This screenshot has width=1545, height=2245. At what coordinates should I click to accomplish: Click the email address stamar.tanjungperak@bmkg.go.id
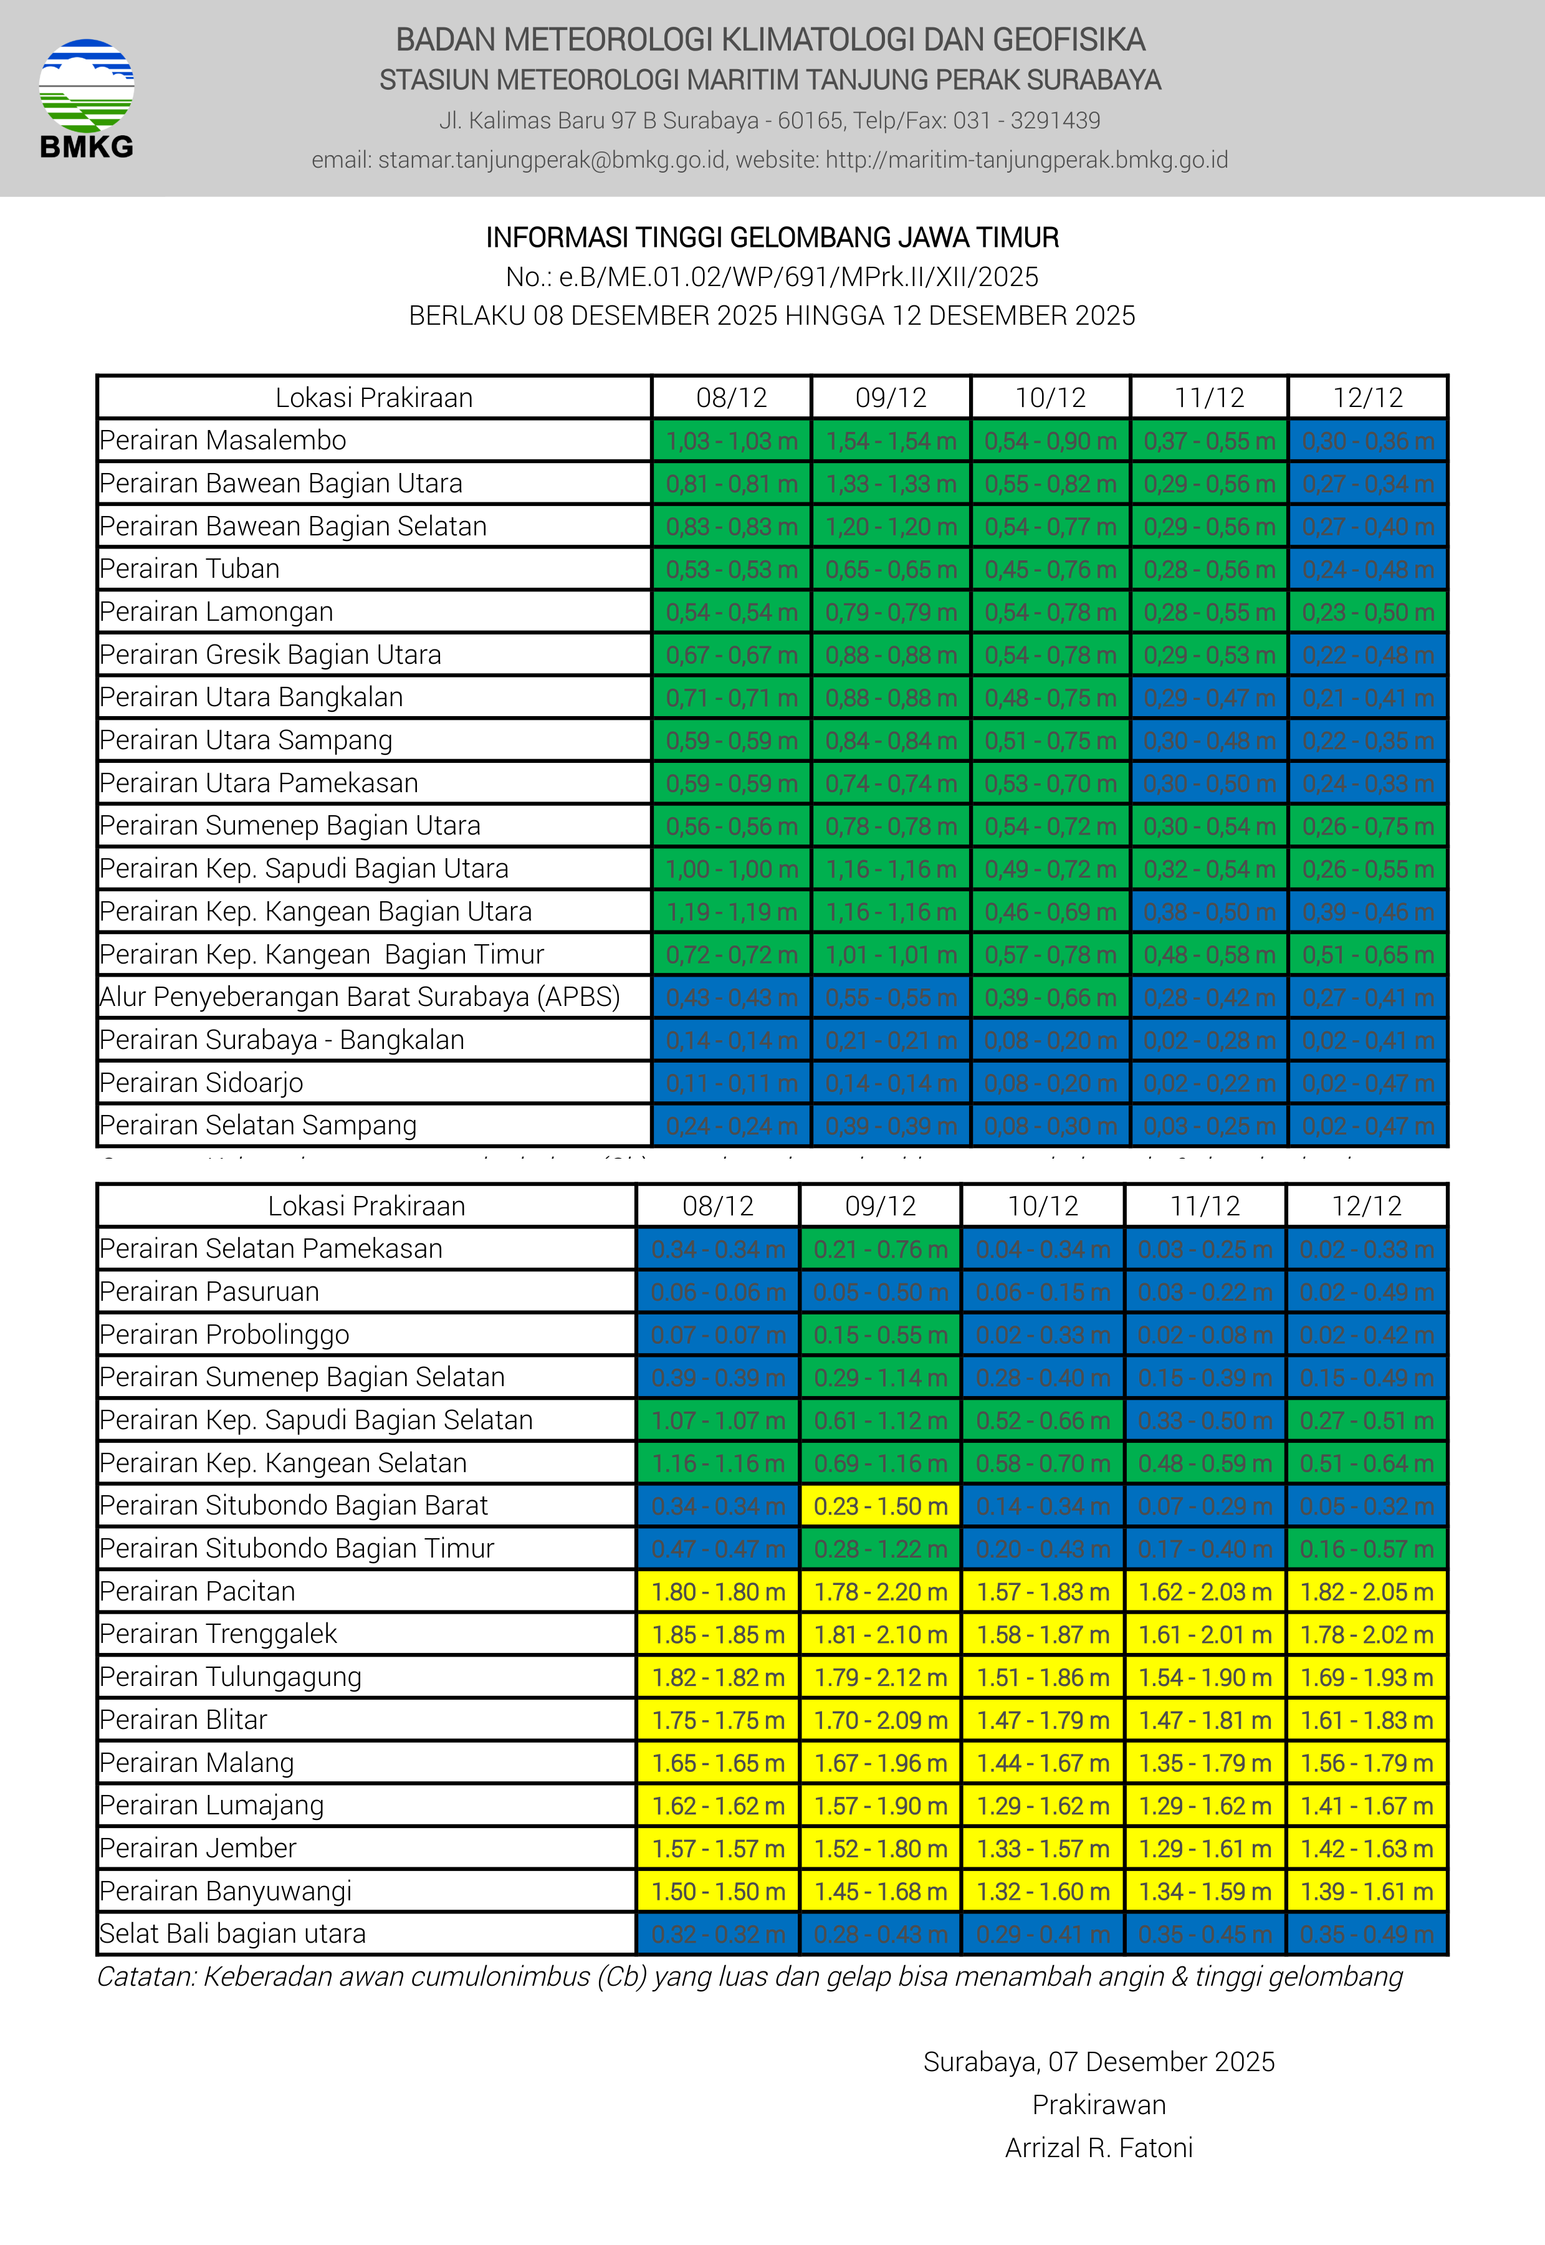(x=552, y=160)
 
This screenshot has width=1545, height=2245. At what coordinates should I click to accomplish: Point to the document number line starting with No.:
(x=772, y=277)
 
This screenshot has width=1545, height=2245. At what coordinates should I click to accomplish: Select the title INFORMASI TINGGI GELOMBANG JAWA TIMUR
(x=772, y=237)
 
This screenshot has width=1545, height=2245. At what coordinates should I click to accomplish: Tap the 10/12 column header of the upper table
(x=1050, y=398)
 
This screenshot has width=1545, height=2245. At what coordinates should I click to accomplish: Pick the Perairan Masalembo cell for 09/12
(x=891, y=441)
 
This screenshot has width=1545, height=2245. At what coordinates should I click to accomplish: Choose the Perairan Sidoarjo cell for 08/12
(x=731, y=1083)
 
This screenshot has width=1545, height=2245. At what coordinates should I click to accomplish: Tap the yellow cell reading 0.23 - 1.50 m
(x=880, y=1506)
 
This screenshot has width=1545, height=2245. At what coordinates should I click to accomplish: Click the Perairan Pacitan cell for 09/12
(x=880, y=1592)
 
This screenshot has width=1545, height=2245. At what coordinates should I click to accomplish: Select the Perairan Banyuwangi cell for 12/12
(x=1366, y=1891)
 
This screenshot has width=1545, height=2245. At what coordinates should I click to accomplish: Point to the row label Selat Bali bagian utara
(x=232, y=1933)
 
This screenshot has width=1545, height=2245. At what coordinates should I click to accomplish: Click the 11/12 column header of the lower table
(x=1204, y=1206)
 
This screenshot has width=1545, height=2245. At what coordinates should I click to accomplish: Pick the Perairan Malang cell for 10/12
(x=1043, y=1763)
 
